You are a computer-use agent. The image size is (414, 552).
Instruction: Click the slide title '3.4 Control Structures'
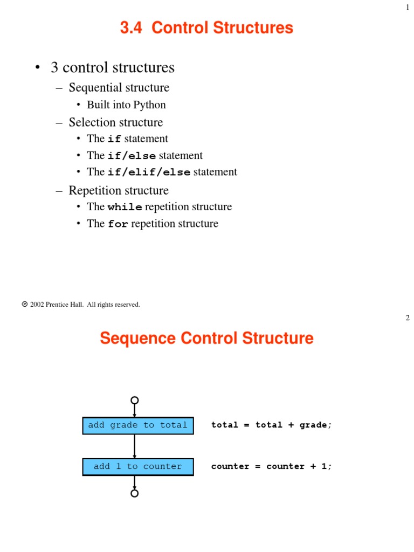point(206,27)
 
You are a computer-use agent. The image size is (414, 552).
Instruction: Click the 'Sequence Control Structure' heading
point(206,339)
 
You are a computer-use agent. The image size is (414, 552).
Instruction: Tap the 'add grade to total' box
point(138,425)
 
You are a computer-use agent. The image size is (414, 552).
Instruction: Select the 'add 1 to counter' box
point(138,467)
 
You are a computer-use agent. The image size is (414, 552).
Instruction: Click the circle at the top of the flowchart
point(135,400)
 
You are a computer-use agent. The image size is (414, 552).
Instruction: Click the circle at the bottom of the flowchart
point(135,493)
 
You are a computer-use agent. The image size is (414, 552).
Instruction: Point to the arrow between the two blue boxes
point(135,446)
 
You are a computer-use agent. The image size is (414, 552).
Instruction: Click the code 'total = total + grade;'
point(272,425)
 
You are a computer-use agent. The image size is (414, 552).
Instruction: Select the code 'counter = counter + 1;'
point(272,467)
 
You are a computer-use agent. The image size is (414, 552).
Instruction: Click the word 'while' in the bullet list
point(125,208)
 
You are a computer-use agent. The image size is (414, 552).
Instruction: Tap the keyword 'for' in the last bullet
point(118,224)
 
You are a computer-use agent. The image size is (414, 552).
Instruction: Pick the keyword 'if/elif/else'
point(149,172)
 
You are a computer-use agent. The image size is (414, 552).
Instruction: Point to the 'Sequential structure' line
point(119,87)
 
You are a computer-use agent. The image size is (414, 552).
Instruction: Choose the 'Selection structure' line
point(115,122)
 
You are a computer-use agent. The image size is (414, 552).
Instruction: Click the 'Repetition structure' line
point(119,190)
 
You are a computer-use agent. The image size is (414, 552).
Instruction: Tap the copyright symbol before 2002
point(25,304)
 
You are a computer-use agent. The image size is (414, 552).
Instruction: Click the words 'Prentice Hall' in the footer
point(65,305)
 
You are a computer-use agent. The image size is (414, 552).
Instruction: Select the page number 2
point(408,318)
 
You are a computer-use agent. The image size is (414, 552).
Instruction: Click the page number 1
point(408,8)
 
